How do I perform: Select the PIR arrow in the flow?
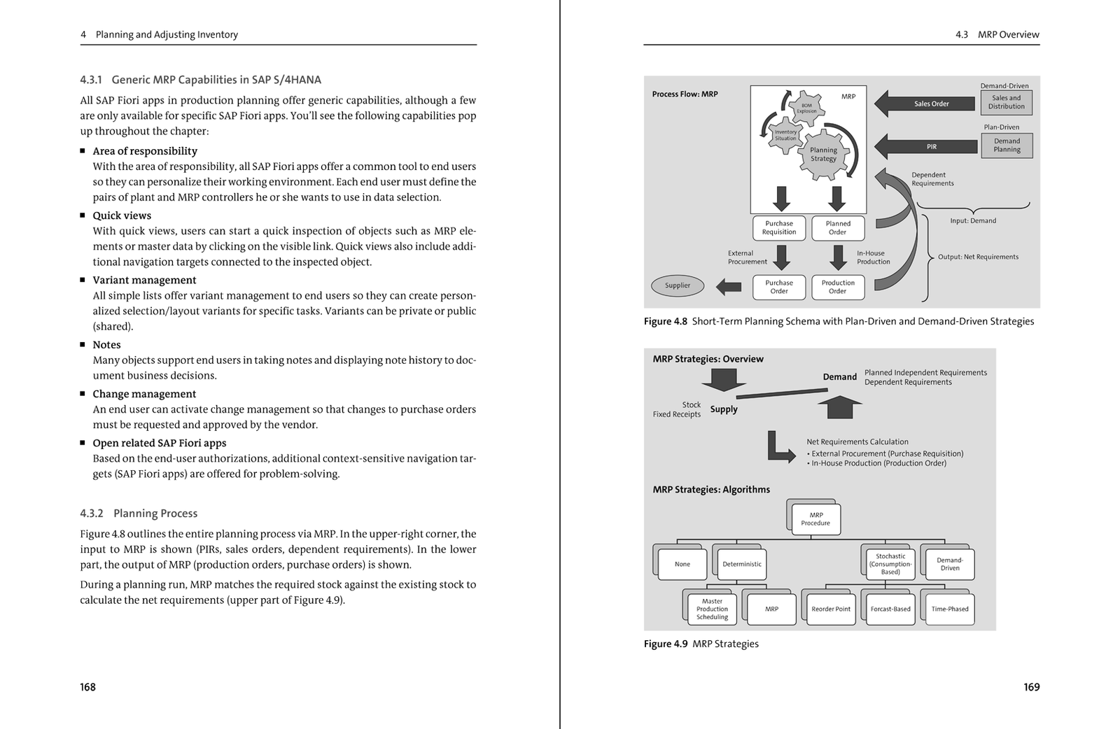[927, 147]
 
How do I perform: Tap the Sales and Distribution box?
[1007, 102]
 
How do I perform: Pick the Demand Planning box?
[1007, 146]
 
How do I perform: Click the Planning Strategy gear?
[824, 155]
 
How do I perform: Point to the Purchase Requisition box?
[779, 228]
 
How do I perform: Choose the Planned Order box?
[838, 228]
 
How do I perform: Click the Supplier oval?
[678, 285]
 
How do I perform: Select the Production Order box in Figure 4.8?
[838, 287]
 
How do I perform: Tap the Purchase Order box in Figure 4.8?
[779, 287]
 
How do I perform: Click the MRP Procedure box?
[815, 519]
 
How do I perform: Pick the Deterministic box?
[742, 564]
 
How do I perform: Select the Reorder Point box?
[831, 609]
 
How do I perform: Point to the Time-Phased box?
[950, 609]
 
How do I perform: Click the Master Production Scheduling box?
[712, 609]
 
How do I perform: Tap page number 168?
[87, 687]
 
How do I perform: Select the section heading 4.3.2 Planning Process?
[139, 514]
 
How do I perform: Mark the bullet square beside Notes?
[83, 345]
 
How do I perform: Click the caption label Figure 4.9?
[665, 644]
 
